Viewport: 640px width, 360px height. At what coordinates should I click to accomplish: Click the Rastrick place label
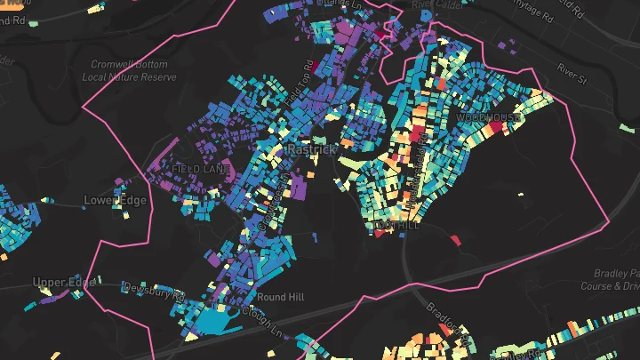pos(311,150)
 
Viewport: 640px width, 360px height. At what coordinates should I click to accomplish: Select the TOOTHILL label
pos(396,227)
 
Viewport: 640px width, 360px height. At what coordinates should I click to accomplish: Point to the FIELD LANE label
pos(201,168)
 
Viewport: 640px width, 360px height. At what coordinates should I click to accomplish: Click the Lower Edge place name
pos(115,200)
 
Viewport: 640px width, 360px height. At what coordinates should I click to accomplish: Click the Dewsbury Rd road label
pos(153,288)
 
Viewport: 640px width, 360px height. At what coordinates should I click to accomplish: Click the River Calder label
pos(433,5)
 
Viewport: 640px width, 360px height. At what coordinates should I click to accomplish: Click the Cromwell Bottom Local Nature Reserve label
pos(134,71)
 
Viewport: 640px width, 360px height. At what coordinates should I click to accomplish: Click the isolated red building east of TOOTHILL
pos(454,240)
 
